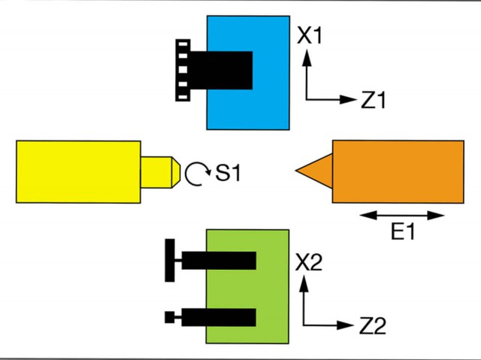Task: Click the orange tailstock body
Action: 398,171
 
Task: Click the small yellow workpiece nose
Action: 159,171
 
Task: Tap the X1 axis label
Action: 309,35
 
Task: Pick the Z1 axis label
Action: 373,101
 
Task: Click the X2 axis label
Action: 310,262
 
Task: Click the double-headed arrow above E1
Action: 403,216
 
